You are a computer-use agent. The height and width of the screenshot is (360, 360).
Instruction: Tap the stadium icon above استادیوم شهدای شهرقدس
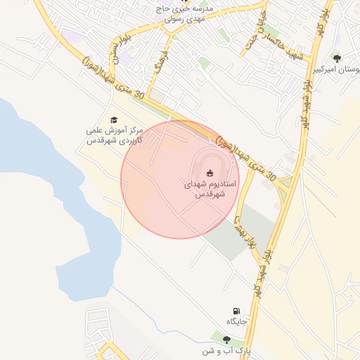click(x=209, y=172)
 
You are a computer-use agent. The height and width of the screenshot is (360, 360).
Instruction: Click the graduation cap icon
click(x=114, y=120)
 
